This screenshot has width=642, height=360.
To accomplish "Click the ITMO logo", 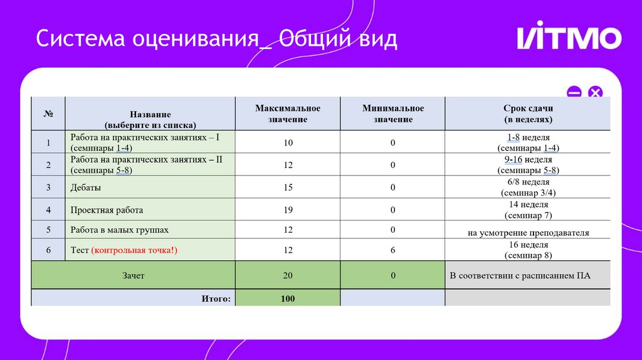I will pyautogui.click(x=569, y=38).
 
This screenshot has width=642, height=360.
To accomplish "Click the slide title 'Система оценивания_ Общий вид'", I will pyautogui.click(x=216, y=39).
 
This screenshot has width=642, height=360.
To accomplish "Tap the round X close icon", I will pyautogui.click(x=594, y=93).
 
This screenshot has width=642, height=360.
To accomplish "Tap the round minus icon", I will pyautogui.click(x=574, y=93).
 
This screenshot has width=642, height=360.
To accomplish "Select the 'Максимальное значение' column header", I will pyautogui.click(x=288, y=114).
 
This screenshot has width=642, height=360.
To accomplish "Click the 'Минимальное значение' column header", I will pyautogui.click(x=393, y=114).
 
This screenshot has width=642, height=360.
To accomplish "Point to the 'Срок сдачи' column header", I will pyautogui.click(x=528, y=114).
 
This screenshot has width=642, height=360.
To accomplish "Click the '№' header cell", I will pyautogui.click(x=48, y=114).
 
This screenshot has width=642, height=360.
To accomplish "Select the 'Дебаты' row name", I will pyautogui.click(x=86, y=187).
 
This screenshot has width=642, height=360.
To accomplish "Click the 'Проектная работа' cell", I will pyautogui.click(x=102, y=209).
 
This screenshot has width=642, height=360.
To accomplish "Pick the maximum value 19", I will pyautogui.click(x=288, y=209).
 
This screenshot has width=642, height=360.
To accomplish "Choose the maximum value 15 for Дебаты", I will pyautogui.click(x=288, y=187).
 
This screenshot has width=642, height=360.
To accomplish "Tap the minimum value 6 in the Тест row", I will pyautogui.click(x=393, y=250).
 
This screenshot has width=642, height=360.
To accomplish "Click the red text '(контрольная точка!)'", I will pyautogui.click(x=135, y=250).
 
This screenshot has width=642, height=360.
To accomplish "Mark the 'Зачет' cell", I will pyautogui.click(x=133, y=275).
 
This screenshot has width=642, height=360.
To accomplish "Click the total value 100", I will pyautogui.click(x=288, y=299).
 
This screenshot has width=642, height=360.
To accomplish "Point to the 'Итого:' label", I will pyautogui.click(x=216, y=299).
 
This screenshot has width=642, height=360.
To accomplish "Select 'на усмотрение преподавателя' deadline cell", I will pyautogui.click(x=528, y=233).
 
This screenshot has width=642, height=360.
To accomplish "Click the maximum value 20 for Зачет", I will pyautogui.click(x=288, y=275).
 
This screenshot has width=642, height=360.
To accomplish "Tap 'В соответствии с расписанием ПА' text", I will pyautogui.click(x=520, y=275).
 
